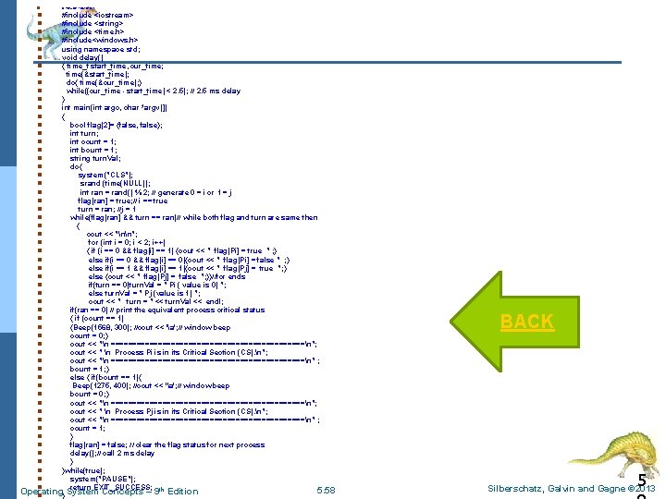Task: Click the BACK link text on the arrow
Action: (526, 322)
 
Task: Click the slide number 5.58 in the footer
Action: (326, 489)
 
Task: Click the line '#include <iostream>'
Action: (96, 16)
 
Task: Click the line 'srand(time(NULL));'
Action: (119, 183)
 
